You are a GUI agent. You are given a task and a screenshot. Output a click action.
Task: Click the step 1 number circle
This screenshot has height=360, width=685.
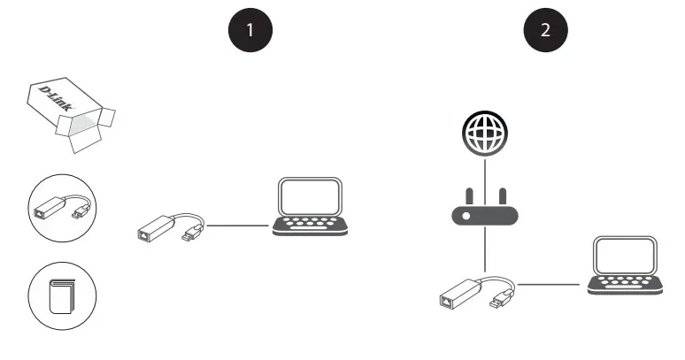tap(250, 30)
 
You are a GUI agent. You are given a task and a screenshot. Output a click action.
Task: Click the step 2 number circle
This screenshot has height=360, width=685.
tap(546, 30)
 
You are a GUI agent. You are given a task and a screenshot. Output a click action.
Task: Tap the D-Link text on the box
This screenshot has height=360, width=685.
tap(56, 98)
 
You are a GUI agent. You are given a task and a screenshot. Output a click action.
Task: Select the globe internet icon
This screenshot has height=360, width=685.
tap(485, 133)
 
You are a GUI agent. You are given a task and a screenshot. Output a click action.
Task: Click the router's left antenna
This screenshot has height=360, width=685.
tap(470, 196)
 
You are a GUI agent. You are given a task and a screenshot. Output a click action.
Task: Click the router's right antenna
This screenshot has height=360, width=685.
tap(503, 196)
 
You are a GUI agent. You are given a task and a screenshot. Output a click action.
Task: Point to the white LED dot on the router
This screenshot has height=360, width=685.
tap(466, 216)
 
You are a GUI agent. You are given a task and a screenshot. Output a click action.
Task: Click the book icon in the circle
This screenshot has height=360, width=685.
tap(62, 296)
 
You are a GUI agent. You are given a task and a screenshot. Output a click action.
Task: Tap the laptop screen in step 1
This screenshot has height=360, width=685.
tap(310, 196)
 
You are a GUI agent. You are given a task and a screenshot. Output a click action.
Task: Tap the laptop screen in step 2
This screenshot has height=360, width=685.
tap(625, 256)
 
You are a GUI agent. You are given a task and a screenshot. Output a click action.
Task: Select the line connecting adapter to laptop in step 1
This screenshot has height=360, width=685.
tap(238, 226)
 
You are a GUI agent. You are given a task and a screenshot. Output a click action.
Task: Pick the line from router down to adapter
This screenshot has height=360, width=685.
tap(485, 249)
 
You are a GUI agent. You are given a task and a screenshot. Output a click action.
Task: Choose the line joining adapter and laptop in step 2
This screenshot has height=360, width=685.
tap(548, 285)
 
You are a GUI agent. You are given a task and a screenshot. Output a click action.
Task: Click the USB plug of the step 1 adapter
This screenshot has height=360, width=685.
tap(192, 234)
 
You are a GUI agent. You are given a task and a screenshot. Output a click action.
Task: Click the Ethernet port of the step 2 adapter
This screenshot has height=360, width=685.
tap(445, 301)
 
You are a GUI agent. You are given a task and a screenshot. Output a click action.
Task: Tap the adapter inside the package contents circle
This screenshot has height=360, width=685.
tap(62, 208)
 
